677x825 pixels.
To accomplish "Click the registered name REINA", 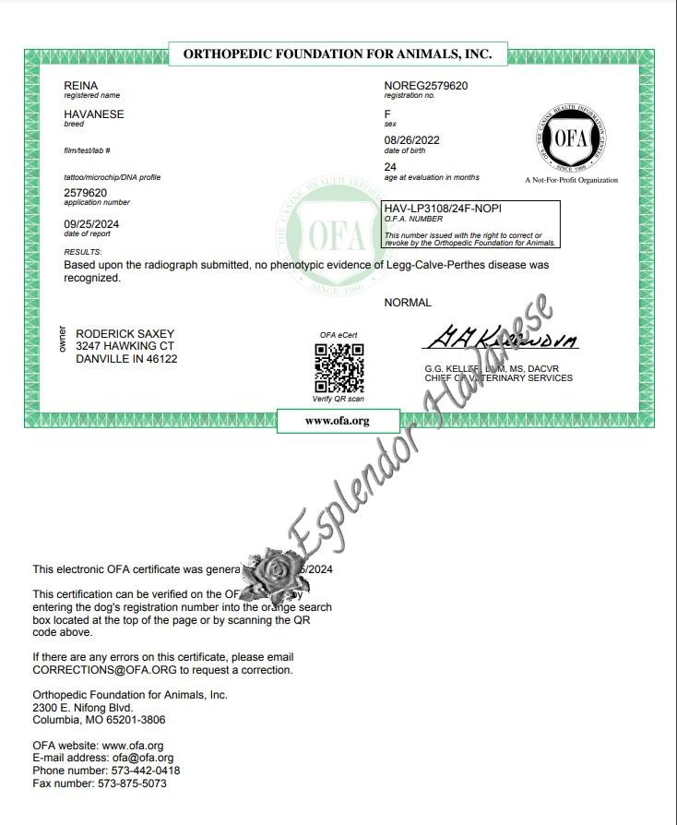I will pyautogui.click(x=80, y=86).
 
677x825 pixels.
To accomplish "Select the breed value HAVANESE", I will pyautogui.click(x=93, y=114).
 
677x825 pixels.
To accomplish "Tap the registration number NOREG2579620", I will pyautogui.click(x=425, y=86).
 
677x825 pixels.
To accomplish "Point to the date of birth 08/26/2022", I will pyautogui.click(x=411, y=140).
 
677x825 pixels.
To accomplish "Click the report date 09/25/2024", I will pyautogui.click(x=90, y=224).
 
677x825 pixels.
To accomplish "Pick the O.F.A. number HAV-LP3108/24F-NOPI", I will pyautogui.click(x=443, y=209).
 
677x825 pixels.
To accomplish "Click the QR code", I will pyautogui.click(x=339, y=367).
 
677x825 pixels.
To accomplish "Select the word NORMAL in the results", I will pyautogui.click(x=407, y=303).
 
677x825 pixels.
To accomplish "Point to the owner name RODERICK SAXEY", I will pyautogui.click(x=125, y=334).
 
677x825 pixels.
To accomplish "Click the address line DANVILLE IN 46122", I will pyautogui.click(x=126, y=359).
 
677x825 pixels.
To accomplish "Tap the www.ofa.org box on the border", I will pyautogui.click(x=337, y=421).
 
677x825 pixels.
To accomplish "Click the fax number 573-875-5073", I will pyautogui.click(x=132, y=783).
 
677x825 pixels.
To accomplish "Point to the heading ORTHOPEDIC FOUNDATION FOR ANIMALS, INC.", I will pyautogui.click(x=338, y=54).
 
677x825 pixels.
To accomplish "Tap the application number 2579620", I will pyautogui.click(x=85, y=192).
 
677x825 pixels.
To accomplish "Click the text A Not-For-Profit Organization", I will pyautogui.click(x=571, y=180).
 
